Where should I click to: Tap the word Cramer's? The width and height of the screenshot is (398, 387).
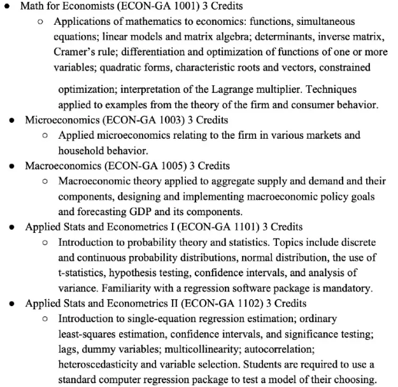pos(78,52)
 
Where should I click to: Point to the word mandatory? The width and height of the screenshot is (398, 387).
pos(348,288)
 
